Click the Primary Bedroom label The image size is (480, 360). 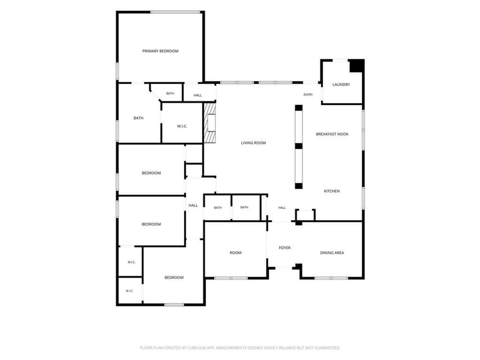(160, 51)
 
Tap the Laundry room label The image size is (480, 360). (341, 85)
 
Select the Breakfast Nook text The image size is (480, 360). (332, 134)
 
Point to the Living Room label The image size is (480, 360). (253, 143)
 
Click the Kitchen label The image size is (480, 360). (332, 191)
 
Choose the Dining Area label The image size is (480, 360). (332, 253)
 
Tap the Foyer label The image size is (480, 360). (284, 248)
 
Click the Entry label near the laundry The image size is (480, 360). (308, 95)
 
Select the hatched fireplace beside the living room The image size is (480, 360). (210, 123)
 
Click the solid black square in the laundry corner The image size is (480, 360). (357, 66)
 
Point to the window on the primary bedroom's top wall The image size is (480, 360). (175, 12)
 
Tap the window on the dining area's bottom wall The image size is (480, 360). (331, 278)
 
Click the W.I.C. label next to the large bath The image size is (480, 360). (182, 126)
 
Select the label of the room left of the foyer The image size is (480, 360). (235, 253)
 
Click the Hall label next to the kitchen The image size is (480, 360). (282, 208)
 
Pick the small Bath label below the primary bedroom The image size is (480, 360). (170, 94)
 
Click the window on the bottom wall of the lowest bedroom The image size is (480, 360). (174, 305)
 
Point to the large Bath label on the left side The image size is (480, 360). (139, 118)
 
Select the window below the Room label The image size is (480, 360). (231, 278)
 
